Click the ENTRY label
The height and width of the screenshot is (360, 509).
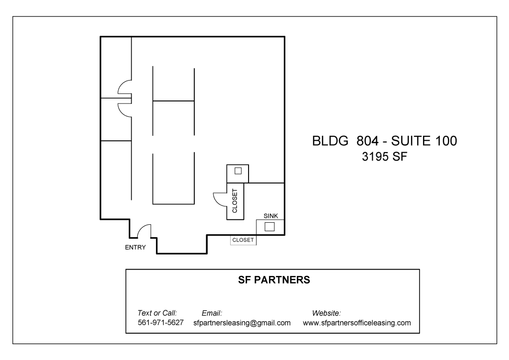point(135,247)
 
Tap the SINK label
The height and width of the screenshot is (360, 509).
point(271,216)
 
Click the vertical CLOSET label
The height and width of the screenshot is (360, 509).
point(235,201)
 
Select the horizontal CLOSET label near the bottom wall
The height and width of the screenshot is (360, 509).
point(243,240)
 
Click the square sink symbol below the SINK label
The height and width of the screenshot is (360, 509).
point(269,227)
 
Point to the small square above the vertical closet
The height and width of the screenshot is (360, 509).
point(238,171)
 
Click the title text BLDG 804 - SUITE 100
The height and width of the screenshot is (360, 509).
point(384,141)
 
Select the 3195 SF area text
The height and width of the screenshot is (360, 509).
point(384,157)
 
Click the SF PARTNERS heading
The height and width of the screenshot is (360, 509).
point(274,280)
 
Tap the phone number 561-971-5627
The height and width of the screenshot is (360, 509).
point(161,323)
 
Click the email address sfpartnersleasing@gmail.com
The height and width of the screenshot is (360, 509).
point(242,323)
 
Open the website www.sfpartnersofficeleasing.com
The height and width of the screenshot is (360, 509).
point(357,323)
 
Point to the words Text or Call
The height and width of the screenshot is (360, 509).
point(157,313)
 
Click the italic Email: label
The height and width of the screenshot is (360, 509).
point(212,313)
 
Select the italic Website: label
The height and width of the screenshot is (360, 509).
point(326,313)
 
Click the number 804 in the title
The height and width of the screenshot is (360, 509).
point(367,141)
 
